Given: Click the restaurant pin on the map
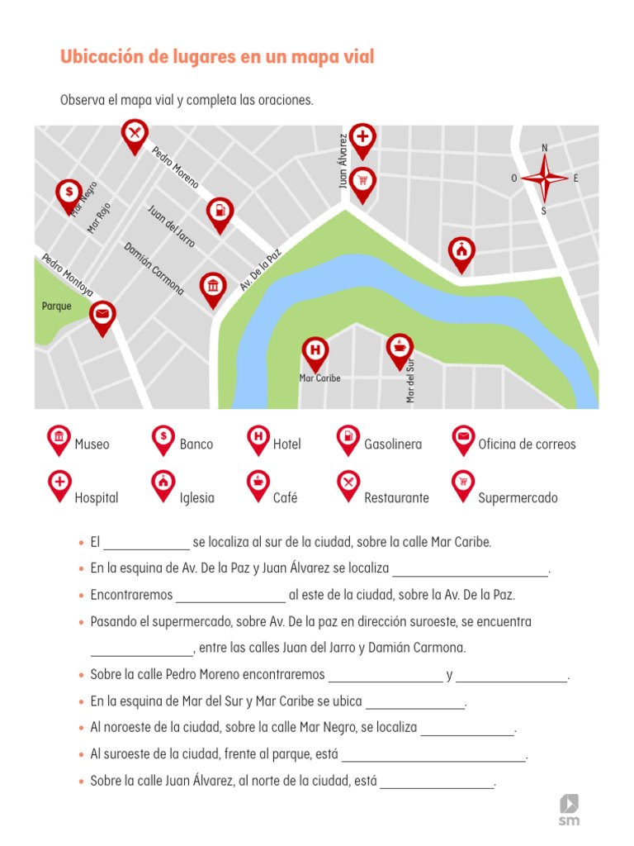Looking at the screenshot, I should coord(135,133).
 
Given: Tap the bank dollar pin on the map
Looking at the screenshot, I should coord(69,192).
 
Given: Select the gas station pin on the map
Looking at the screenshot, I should coord(220,211).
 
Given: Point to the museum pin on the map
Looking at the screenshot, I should coord(214,287).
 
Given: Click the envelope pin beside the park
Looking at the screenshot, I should coord(102,315).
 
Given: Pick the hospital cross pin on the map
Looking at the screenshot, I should coord(362,137).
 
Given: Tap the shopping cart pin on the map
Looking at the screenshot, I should coord(362,181).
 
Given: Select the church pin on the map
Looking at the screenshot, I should coord(461,250).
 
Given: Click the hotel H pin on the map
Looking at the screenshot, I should coord(315,350).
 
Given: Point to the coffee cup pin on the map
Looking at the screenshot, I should coord(400,347).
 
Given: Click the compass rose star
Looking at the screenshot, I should coord(545,178).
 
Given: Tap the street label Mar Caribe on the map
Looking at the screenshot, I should coord(319,378).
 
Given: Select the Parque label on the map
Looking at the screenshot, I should coord(57,307).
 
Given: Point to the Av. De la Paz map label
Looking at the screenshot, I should coord(261,269).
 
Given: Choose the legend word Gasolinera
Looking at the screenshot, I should coord(393,444).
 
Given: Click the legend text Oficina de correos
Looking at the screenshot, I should coord(527,444).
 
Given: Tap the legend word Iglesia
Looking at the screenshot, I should coord(196,498).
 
